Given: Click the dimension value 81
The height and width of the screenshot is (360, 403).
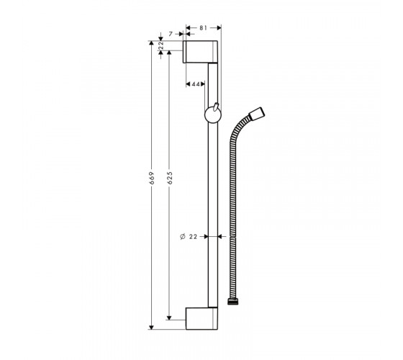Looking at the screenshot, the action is tap(203, 28).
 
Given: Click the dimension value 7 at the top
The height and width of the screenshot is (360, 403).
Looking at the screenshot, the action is tap(171, 34).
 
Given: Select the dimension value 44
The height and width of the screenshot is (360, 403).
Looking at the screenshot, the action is tap(196, 84).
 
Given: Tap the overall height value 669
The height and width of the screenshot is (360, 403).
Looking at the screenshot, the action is tap(152, 178).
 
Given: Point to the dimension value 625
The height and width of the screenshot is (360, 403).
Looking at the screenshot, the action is tap(169, 178).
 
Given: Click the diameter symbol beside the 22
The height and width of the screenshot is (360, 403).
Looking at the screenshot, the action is tap(183, 237).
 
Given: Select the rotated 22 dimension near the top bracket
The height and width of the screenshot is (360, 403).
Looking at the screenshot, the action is tap(161, 45).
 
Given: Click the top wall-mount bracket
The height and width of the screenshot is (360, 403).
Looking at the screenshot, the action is tap(201, 52).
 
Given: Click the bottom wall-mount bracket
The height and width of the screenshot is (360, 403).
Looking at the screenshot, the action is tap(201, 318).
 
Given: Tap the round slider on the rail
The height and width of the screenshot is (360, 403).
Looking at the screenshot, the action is tap(213, 115).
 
